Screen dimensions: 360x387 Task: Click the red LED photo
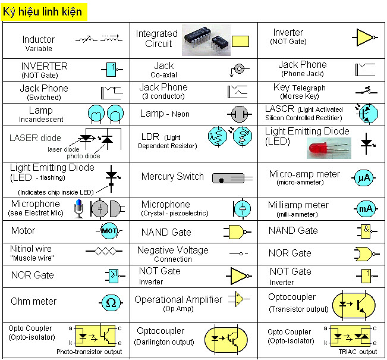(x=329, y=148)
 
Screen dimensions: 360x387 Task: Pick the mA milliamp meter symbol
(x=365, y=208)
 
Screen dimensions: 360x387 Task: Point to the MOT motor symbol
(x=109, y=230)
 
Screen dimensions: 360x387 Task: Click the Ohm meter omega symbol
(x=111, y=302)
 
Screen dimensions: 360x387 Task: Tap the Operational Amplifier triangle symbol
(x=239, y=299)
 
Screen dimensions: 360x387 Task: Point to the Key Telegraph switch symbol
(x=364, y=91)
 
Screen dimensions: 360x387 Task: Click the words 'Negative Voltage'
(x=172, y=251)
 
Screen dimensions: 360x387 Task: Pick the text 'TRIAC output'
(x=358, y=352)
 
